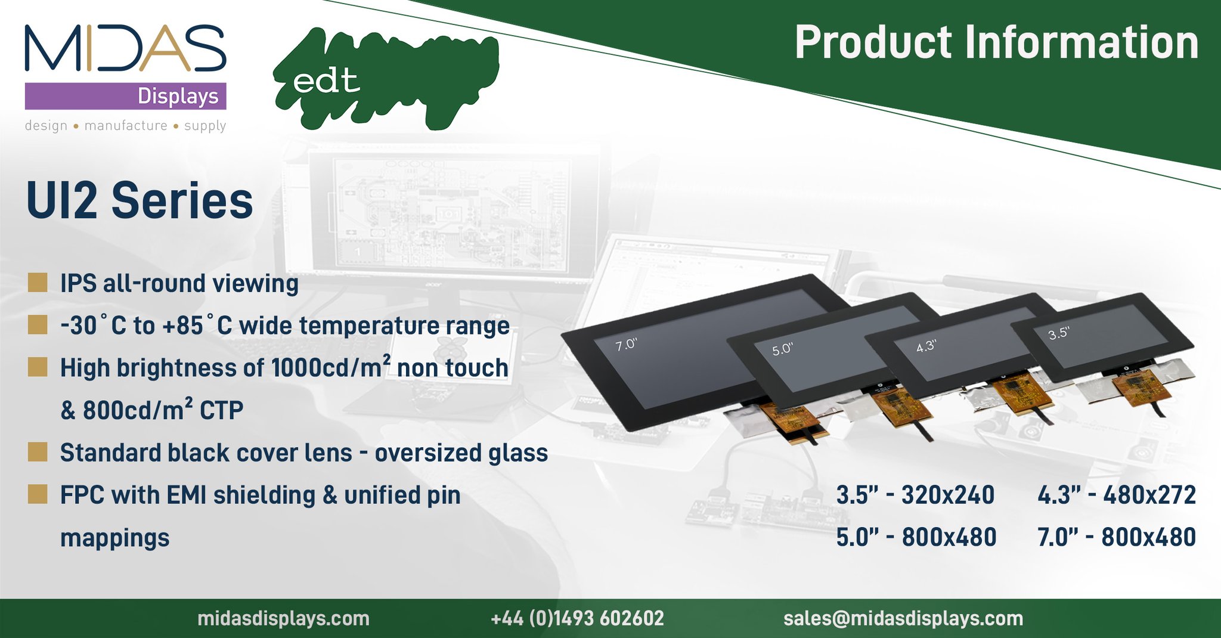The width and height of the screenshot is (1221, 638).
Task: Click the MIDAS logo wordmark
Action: (125, 48)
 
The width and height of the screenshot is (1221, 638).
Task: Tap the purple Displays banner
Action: (125, 96)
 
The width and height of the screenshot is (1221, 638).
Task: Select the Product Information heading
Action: (996, 43)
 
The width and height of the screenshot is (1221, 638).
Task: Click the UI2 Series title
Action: (140, 200)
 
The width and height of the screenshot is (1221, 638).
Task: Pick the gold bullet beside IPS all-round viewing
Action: (38, 283)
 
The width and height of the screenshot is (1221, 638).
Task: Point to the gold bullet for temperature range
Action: (38, 325)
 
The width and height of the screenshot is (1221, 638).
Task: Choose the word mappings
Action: (114, 538)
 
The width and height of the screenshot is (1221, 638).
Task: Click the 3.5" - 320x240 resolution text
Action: (915, 495)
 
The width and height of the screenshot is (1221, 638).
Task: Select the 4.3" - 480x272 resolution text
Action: (1116, 495)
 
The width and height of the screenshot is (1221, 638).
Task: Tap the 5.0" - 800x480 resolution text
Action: (916, 537)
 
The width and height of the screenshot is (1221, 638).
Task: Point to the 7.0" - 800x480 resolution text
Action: (1116, 537)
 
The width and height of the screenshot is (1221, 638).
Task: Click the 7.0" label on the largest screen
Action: (626, 345)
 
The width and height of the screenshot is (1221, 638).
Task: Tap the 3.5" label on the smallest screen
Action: (1059, 333)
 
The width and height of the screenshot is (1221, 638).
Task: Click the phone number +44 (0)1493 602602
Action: (577, 618)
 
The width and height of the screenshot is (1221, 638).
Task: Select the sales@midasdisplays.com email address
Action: (903, 618)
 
